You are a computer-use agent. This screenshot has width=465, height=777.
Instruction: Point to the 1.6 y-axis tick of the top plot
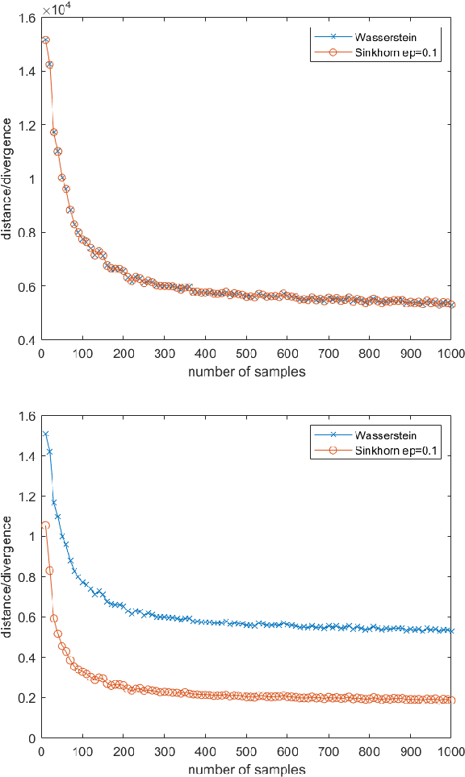pyautogui.click(x=27, y=17)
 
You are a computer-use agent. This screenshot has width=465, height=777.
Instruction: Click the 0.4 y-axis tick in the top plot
pyautogui.click(x=27, y=340)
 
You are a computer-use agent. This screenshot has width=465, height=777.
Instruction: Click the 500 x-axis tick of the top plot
pyautogui.click(x=246, y=353)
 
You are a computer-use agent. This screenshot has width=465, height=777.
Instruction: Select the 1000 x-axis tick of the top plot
pyautogui.click(x=450, y=353)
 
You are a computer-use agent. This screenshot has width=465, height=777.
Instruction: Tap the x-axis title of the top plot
pyautogui.click(x=246, y=372)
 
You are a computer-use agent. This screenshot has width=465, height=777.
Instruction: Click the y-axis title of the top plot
pyautogui.click(x=7, y=178)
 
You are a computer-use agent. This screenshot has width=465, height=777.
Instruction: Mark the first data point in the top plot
pyautogui.click(x=45, y=39)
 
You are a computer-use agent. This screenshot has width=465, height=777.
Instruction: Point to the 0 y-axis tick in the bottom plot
pyautogui.click(x=31, y=738)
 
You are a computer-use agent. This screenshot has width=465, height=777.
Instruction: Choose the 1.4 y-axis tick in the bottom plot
pyautogui.click(x=27, y=456)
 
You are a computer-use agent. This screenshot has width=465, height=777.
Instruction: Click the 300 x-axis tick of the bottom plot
pyautogui.click(x=164, y=751)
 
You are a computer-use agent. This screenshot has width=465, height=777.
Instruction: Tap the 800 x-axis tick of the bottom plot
pyautogui.click(x=369, y=751)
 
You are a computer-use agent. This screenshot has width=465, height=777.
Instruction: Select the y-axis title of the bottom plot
pyautogui.click(x=7, y=576)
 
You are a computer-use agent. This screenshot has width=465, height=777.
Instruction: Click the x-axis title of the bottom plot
pyautogui.click(x=246, y=769)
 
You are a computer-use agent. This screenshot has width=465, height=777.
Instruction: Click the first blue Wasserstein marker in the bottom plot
pyautogui.click(x=45, y=434)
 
